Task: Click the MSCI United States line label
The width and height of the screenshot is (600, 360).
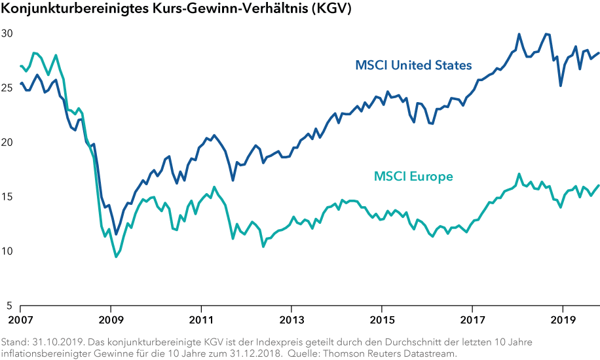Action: [413, 65]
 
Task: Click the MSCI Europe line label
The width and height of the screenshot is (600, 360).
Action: [413, 176]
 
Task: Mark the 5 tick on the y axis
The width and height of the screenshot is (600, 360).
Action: [9, 306]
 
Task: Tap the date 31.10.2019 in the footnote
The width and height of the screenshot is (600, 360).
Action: [55, 342]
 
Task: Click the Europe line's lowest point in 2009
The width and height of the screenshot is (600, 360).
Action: [117, 257]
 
